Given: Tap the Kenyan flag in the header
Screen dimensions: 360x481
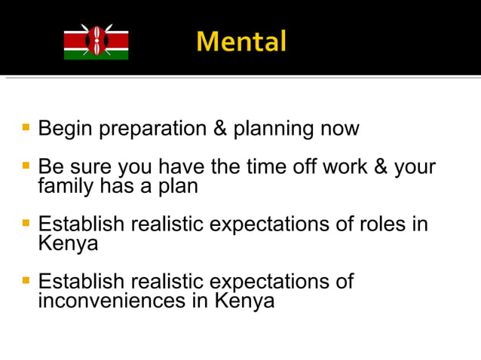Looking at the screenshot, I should point(96,42).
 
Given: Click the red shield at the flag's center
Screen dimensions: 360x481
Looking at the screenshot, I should point(96,42).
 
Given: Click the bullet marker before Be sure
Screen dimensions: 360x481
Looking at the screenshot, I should point(26,163).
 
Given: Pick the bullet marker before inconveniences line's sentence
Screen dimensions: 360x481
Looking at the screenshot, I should point(26,280).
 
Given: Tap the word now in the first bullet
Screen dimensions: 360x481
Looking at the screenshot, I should point(341,129).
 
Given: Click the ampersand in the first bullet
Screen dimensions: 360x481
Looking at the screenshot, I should point(220,128).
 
